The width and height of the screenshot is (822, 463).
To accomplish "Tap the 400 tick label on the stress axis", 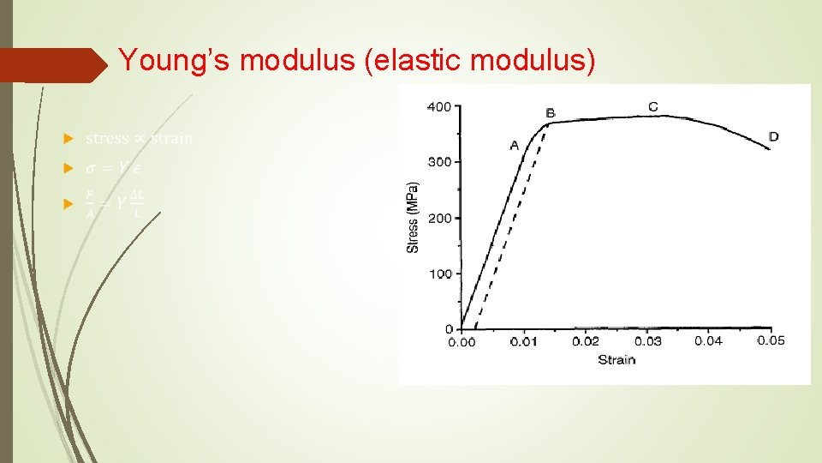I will click(438, 107).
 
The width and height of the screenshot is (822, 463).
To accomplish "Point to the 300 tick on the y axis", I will click(438, 162).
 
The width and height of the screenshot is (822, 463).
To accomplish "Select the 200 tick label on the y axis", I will click(438, 219).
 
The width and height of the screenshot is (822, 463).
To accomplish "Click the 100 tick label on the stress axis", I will click(438, 274).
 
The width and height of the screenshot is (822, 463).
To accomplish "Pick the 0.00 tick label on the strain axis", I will click(462, 342).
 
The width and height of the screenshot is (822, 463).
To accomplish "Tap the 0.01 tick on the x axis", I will click(524, 342).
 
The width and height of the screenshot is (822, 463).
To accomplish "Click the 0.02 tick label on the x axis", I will click(586, 341).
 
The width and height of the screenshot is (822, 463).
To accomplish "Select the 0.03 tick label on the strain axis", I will click(647, 341).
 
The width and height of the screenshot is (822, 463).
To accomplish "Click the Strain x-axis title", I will click(616, 360).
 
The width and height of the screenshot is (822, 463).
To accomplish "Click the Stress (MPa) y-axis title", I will click(414, 217).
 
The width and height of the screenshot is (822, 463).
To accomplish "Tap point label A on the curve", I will click(515, 145).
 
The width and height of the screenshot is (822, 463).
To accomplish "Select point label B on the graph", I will click(550, 113).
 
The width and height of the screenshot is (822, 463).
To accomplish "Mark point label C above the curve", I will click(653, 106).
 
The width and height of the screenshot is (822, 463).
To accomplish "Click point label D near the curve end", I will click(773, 136).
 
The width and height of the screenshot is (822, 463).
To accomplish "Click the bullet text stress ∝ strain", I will click(140, 138).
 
